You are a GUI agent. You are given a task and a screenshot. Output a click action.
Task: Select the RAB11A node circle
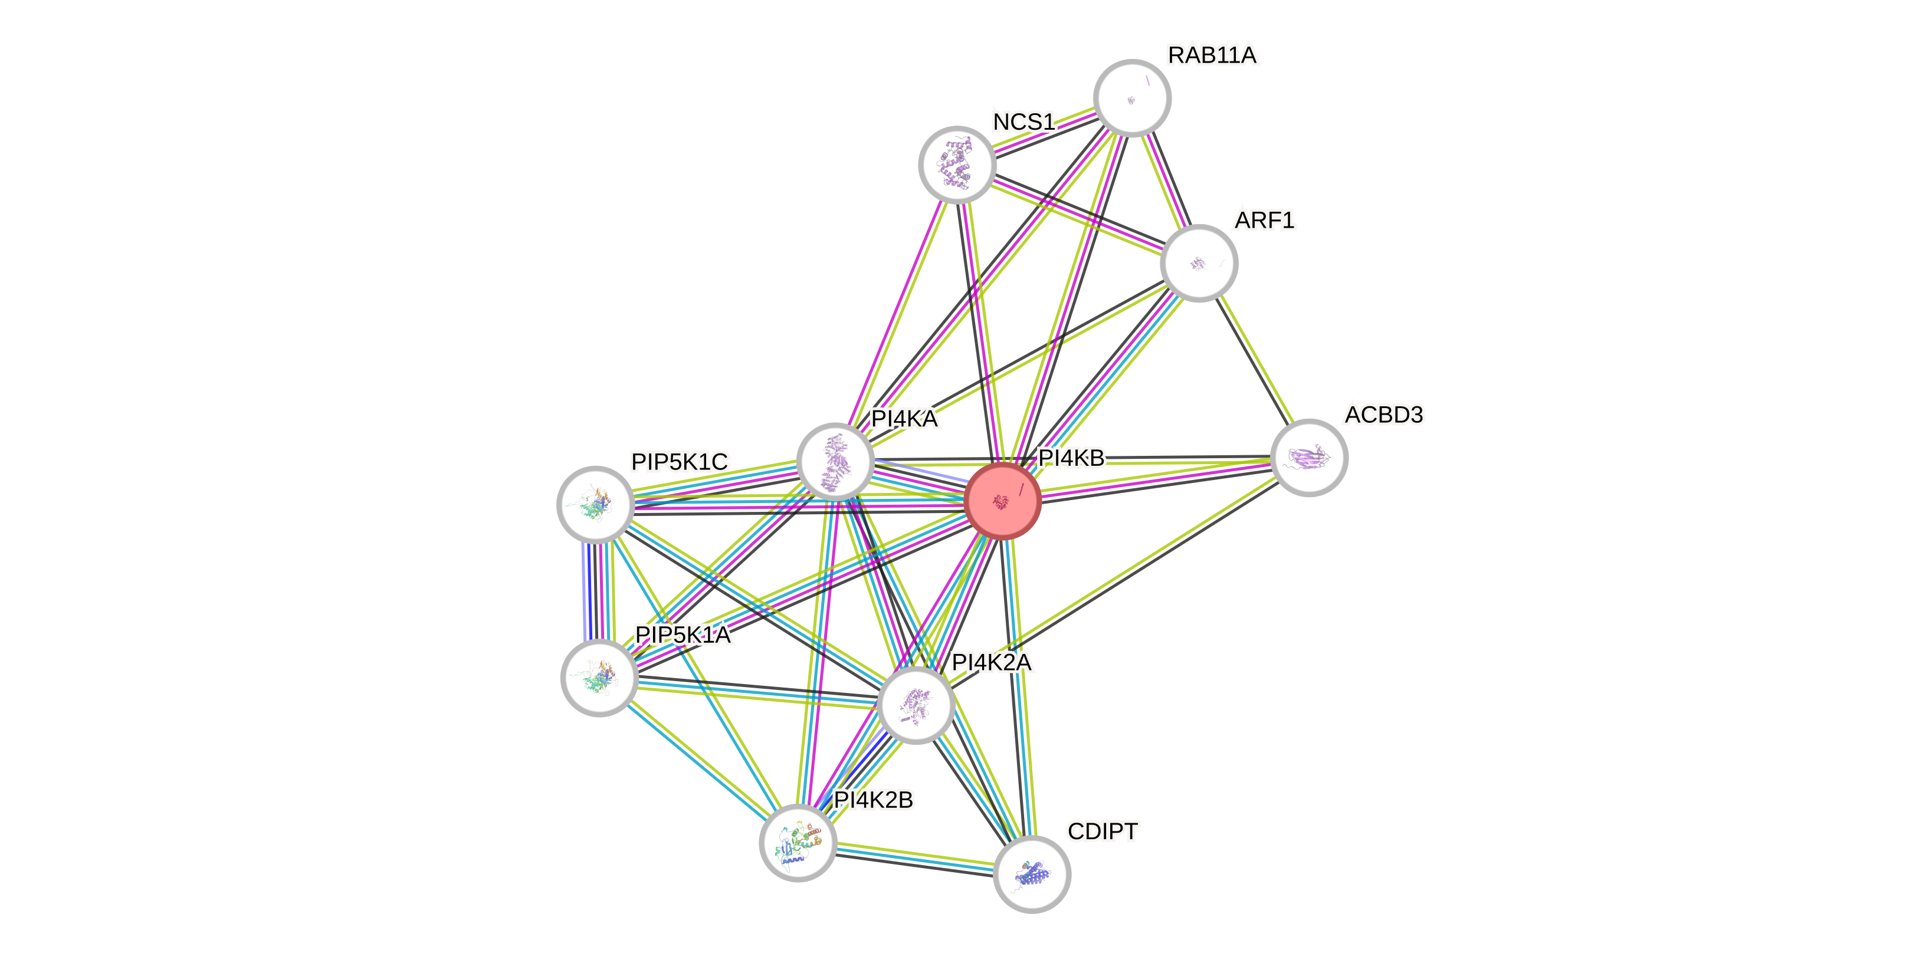(x=1131, y=97)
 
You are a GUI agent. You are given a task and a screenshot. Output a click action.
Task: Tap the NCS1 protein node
(x=956, y=165)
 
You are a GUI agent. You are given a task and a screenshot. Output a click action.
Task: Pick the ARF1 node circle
(x=1199, y=263)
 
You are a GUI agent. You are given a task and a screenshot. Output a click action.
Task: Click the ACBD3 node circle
(x=1309, y=457)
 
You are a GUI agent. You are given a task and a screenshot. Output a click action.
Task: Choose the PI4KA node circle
(x=835, y=462)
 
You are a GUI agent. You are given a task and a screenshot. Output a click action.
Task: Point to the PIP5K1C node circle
(x=595, y=504)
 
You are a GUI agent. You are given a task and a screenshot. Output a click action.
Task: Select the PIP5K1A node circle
(x=599, y=678)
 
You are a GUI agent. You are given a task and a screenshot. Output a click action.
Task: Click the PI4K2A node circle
(x=916, y=705)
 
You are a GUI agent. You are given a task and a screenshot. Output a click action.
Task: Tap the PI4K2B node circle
(x=798, y=842)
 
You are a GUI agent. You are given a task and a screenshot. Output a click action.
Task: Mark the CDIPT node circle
(x=1032, y=873)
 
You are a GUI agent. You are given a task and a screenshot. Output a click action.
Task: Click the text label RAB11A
(x=1212, y=55)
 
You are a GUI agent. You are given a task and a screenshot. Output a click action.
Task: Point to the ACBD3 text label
(x=1383, y=414)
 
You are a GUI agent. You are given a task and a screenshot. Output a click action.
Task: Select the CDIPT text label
(x=1103, y=831)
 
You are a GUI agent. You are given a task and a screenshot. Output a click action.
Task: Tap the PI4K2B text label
(x=873, y=800)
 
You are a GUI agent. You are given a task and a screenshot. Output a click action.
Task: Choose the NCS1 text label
(x=1024, y=121)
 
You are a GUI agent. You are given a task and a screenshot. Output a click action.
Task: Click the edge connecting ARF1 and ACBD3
(x=1254, y=360)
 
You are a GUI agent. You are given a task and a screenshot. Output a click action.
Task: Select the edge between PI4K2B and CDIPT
(x=915, y=858)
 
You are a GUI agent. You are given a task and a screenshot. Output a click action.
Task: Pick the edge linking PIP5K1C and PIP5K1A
(x=598, y=591)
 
